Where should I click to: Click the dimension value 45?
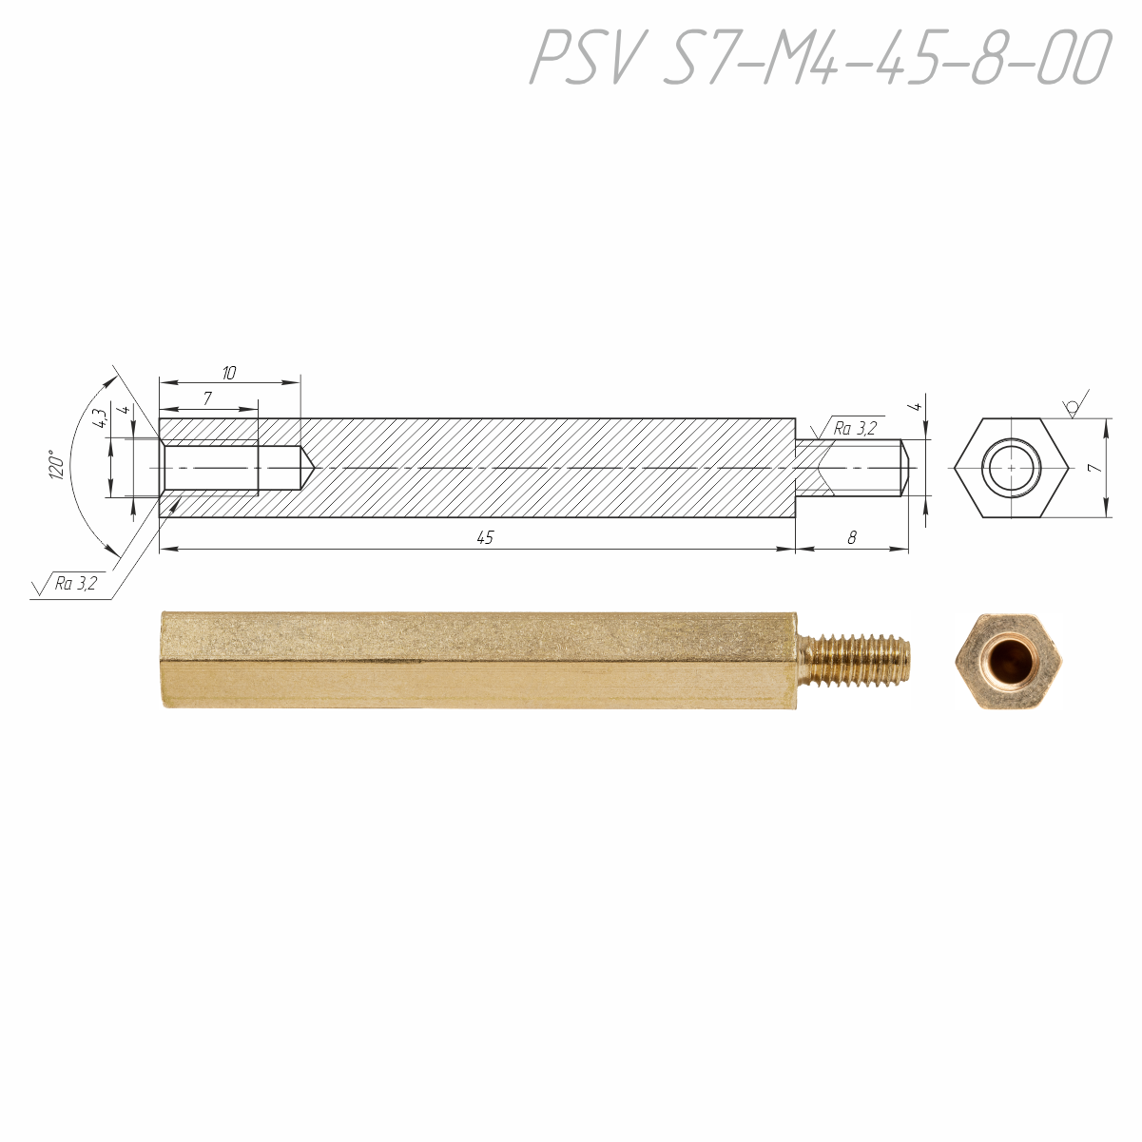tap(485, 538)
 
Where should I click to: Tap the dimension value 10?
tap(229, 373)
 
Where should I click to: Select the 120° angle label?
tap(57, 465)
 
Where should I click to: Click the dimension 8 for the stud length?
tap(852, 538)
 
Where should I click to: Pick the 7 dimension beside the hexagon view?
tap(1096, 468)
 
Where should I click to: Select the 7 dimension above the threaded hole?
tap(207, 398)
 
